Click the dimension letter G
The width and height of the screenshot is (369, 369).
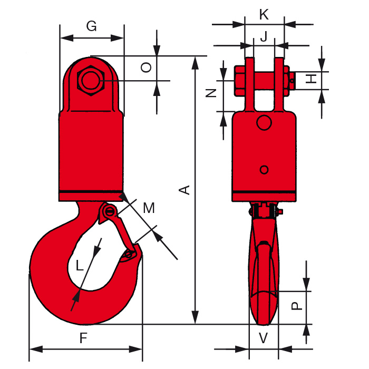click(x=92, y=26)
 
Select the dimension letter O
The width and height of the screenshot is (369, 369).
click(x=148, y=67)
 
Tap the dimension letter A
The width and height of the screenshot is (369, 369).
click(x=184, y=189)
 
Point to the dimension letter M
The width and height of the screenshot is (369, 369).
click(x=149, y=208)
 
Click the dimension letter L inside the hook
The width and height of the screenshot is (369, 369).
click(x=80, y=266)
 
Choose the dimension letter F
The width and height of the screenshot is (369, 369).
click(x=83, y=339)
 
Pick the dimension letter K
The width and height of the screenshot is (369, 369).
click(x=264, y=15)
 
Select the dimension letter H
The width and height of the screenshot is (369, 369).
click(x=313, y=79)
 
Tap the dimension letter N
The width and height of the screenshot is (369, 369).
click(x=212, y=93)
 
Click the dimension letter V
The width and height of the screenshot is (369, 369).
click(x=264, y=338)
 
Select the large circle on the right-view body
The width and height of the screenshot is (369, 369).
click(x=264, y=123)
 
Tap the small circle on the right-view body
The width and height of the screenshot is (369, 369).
click(x=264, y=169)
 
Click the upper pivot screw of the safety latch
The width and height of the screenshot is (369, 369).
click(x=110, y=212)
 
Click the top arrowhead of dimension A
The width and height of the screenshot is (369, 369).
click(x=195, y=61)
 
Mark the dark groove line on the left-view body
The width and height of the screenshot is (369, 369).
click(x=92, y=191)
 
